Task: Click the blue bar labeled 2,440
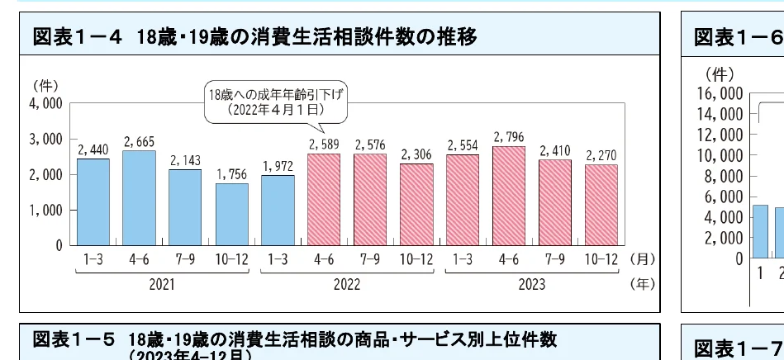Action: pyautogui.click(x=93, y=201)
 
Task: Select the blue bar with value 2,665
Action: pyautogui.click(x=138, y=197)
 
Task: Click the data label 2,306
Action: pyautogui.click(x=416, y=154)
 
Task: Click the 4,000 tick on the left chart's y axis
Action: pyautogui.click(x=47, y=103)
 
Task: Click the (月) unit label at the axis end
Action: pyautogui.click(x=640, y=259)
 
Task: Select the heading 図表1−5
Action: pyautogui.click(x=74, y=341)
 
